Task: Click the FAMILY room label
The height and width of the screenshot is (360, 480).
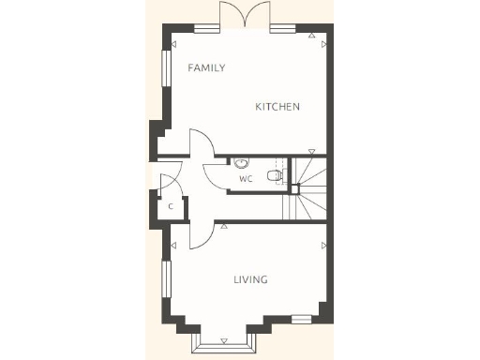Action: (206, 67)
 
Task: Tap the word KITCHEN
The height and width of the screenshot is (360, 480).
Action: (277, 107)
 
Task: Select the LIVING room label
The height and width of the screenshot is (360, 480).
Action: (250, 279)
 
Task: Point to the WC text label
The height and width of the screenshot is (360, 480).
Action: (246, 178)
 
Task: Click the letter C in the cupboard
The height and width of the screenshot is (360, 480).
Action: (170, 205)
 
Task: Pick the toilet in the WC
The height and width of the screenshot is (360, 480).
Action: (273, 175)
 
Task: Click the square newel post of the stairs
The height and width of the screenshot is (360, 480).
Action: (292, 187)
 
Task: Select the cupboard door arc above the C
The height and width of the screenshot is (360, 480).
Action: (169, 179)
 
